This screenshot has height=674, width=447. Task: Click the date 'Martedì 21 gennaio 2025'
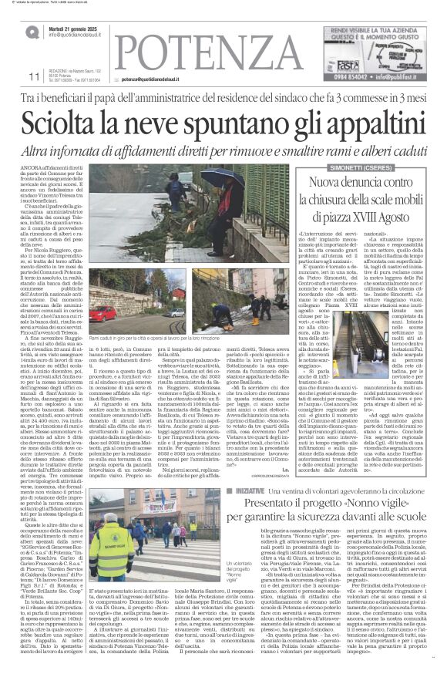(x=78, y=27)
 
